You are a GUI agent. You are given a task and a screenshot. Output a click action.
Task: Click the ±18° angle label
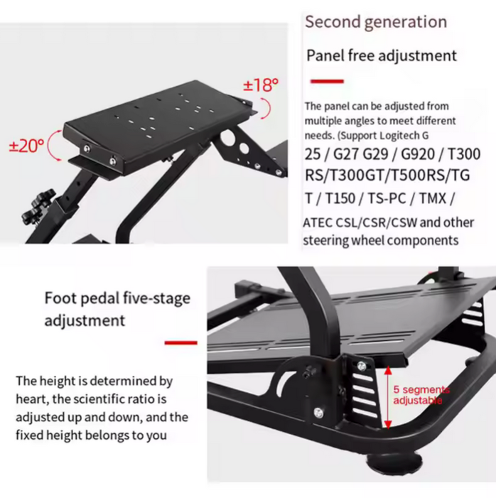tap(261, 85)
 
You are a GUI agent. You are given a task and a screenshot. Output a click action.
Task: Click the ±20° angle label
tap(26, 146)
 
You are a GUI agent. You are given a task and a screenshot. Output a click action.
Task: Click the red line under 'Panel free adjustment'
tap(327, 81)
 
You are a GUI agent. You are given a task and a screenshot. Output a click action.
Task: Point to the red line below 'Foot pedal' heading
tap(180, 342)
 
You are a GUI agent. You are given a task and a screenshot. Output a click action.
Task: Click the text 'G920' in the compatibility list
tap(418, 154)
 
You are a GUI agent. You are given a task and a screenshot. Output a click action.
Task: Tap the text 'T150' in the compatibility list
tap(340, 199)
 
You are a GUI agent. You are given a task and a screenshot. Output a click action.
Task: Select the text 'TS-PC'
tap(387, 199)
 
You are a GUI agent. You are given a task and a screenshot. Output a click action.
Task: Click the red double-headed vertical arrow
tap(388, 397)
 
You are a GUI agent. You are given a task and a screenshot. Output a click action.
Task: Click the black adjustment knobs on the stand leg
tap(38, 207)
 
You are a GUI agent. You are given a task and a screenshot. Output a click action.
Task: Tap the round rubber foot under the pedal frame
tap(394, 465)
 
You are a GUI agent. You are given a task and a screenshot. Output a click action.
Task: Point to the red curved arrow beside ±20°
tap(51, 145)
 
